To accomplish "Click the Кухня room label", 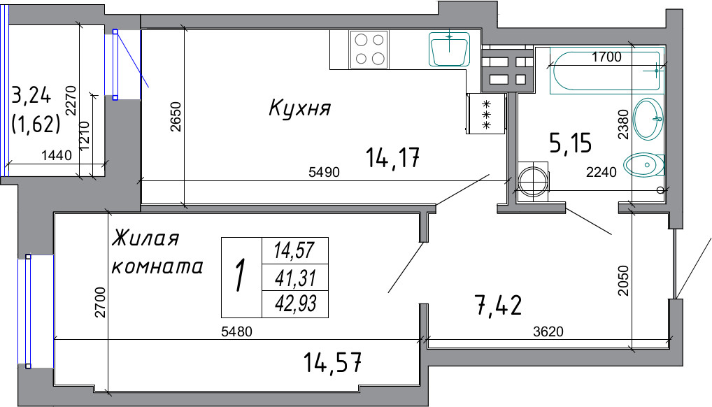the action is (299, 108).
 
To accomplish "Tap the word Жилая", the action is (145, 238).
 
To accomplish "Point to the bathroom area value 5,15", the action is (571, 143).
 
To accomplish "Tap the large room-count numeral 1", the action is (241, 276).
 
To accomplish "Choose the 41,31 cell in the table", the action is (295, 277).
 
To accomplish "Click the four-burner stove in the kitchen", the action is (369, 50).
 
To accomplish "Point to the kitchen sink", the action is (449, 49).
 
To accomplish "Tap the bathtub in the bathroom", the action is (605, 71).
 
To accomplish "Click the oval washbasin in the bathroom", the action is (648, 119).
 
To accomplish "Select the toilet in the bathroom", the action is (644, 164).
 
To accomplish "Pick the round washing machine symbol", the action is (533, 182).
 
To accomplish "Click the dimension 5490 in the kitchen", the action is (324, 173).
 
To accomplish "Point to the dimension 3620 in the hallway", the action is (548, 331).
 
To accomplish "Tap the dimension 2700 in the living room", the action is (100, 302).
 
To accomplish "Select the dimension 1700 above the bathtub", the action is (606, 57).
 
